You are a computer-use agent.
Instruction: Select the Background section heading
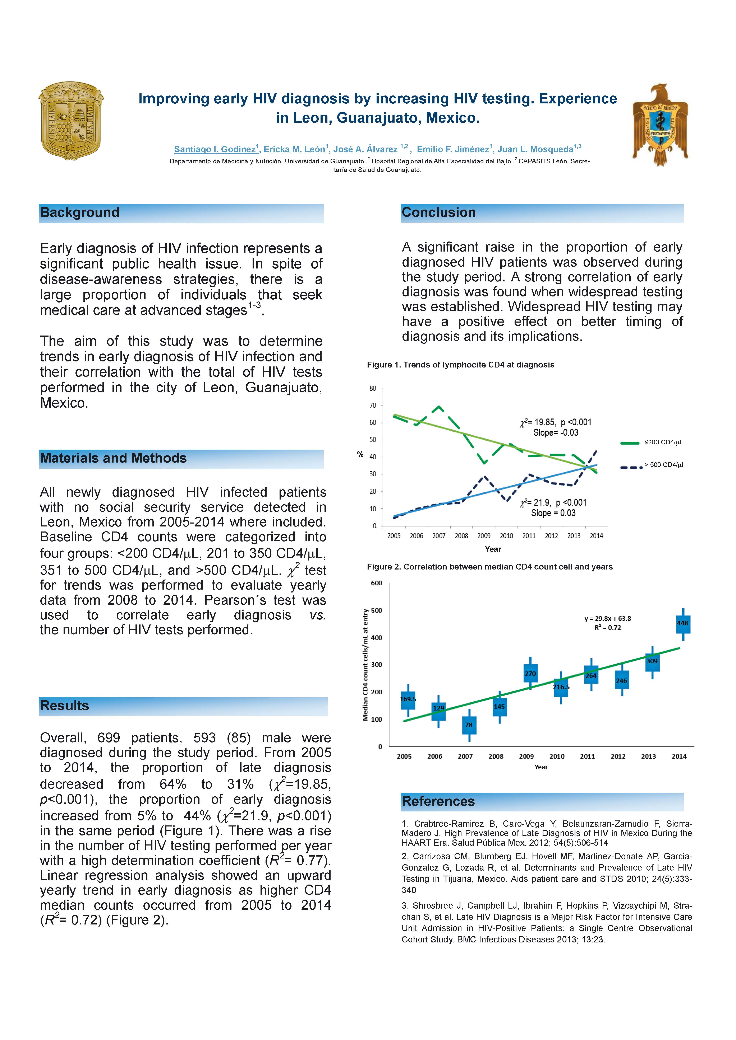(80, 212)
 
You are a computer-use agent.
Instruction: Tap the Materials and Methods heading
(113, 458)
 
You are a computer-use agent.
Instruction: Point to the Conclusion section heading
(439, 212)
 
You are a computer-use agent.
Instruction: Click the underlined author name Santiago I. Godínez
(215, 149)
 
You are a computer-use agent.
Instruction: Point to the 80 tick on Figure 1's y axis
(373, 388)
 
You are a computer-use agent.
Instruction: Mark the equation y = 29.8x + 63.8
(608, 618)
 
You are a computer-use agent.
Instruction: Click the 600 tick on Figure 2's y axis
(376, 583)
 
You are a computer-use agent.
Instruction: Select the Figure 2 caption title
(489, 567)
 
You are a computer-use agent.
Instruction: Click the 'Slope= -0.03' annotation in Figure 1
(556, 433)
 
